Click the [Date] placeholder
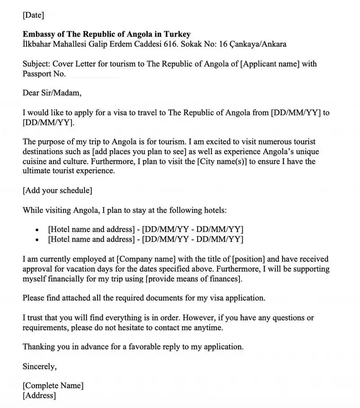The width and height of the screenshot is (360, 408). pos(33,15)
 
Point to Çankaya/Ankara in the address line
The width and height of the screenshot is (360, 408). pos(258,44)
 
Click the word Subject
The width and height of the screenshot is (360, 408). pos(36,64)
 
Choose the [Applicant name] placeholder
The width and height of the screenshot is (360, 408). pos(270,64)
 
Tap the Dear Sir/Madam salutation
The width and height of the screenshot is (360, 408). pos(52,93)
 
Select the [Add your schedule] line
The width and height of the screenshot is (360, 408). pos(58,190)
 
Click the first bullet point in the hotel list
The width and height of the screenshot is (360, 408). pos(37,229)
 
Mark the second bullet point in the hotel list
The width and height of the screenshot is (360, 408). pos(37,239)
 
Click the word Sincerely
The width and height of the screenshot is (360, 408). pos(40,366)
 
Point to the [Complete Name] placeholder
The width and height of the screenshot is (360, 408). pos(53,386)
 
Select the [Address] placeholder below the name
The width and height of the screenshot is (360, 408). pos(40,395)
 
